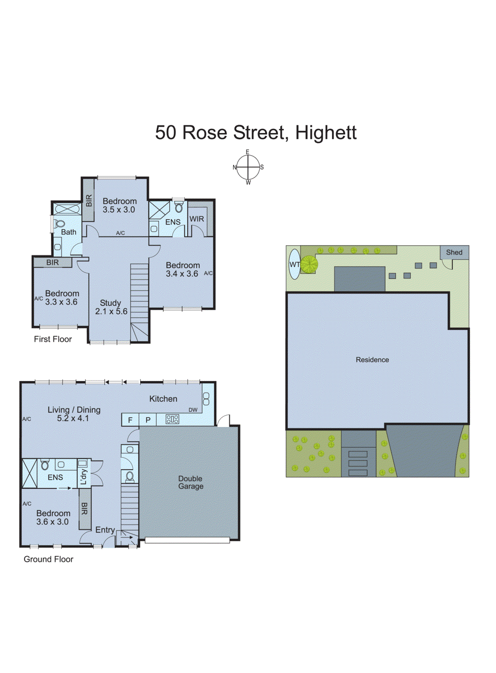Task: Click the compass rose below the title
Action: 248,167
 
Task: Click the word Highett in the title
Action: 326,132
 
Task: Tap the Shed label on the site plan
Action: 454,252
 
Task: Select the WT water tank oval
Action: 294,265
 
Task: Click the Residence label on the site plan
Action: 372,360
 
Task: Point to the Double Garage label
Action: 191,482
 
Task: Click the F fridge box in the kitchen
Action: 130,420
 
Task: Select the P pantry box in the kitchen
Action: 148,420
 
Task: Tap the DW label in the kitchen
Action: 193,410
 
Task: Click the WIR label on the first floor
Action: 196,219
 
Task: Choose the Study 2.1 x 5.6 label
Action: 111,307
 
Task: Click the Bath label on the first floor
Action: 69,232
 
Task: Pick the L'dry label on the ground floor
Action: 83,477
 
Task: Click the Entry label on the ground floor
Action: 105,530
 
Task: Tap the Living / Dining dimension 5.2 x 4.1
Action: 73,419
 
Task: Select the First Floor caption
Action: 53,339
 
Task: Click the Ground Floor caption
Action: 48,559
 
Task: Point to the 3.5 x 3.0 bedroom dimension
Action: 119,210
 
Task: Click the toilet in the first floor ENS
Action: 179,207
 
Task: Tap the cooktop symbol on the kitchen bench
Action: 172,419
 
